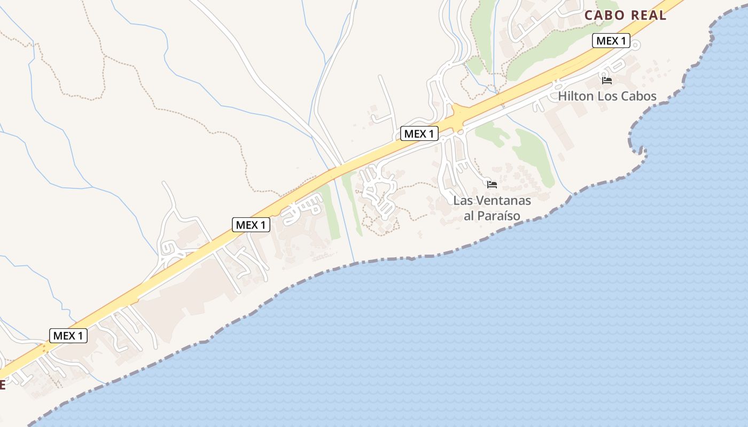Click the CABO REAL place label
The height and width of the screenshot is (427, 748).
coord(625,15)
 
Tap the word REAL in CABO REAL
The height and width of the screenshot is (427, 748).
coord(649,15)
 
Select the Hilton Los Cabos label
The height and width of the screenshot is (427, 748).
coord(607,97)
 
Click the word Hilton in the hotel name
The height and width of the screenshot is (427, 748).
coord(575,97)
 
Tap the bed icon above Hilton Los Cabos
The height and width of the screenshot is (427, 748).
coord(607,81)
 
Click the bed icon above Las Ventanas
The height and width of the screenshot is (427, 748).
coord(492,184)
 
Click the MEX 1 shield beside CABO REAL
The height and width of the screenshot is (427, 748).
coord(611,41)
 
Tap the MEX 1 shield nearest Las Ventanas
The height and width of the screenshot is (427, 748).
coord(419,133)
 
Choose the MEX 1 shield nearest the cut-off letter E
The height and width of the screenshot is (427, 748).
coord(68,336)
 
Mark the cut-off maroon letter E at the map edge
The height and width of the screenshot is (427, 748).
coord(2,385)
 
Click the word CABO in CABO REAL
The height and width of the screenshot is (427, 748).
coord(605,15)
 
